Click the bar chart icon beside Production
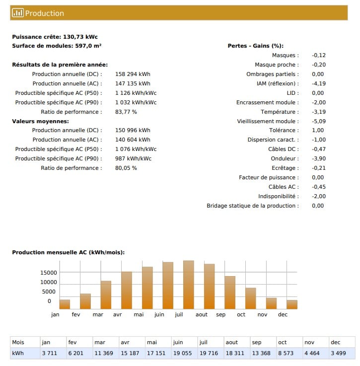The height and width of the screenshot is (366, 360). [x=18, y=13]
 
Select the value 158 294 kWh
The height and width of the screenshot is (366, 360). [x=133, y=74]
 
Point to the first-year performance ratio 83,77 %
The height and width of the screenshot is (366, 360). [x=126, y=112]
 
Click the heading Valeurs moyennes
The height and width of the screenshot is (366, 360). [x=40, y=121]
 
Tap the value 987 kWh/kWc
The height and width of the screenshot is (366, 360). [x=133, y=158]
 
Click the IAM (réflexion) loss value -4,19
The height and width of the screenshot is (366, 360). [x=319, y=83]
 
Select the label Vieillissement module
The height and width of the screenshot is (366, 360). [x=268, y=121]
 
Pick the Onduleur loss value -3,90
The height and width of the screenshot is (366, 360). [x=319, y=158]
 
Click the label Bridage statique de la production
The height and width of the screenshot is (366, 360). [x=253, y=206]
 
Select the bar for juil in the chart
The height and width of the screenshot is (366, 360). [x=189, y=285]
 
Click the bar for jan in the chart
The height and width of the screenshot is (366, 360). [x=65, y=304]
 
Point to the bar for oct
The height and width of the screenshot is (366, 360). [x=251, y=298]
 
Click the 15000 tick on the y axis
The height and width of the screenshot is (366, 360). [x=49, y=273]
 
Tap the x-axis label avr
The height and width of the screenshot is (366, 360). [x=118, y=314]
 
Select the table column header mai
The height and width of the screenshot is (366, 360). [x=152, y=342]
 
